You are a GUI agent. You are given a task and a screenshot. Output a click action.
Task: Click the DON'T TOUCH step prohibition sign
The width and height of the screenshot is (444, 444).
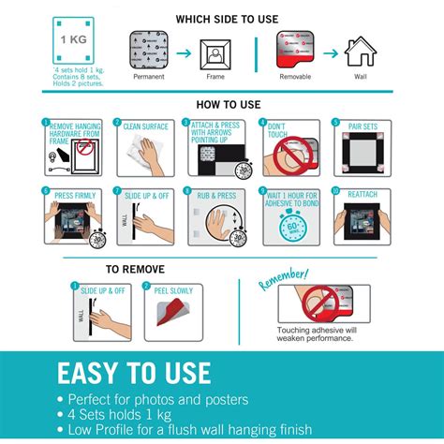(x=289, y=155)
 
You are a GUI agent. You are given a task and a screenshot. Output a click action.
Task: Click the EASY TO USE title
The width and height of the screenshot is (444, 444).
(x=134, y=373)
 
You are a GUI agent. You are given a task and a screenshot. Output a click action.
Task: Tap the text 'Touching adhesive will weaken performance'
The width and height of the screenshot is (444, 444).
(x=314, y=334)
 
